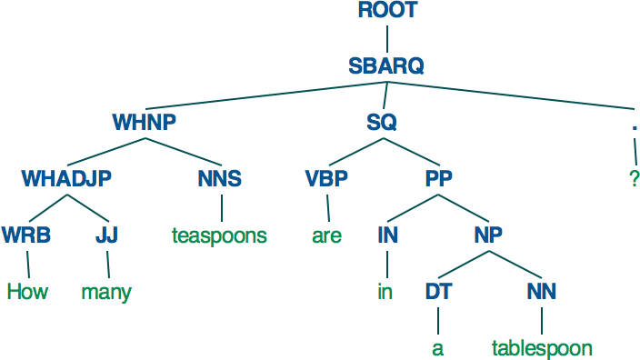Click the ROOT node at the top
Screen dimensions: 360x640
click(x=387, y=11)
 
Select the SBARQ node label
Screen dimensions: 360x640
click(x=386, y=65)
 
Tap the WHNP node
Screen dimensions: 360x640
click(x=144, y=122)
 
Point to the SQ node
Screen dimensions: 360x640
click(x=382, y=122)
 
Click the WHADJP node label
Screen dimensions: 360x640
click(x=67, y=178)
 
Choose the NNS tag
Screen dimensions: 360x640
click(x=219, y=178)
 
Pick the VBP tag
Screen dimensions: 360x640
click(x=326, y=178)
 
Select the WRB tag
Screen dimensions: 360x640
click(x=25, y=235)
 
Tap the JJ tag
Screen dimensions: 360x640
click(x=106, y=235)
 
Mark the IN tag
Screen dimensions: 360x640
click(x=386, y=235)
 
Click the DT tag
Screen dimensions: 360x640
click(x=437, y=292)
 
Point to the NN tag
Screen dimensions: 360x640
click(x=542, y=292)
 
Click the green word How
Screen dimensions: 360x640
click(x=27, y=292)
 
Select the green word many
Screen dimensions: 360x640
click(x=106, y=293)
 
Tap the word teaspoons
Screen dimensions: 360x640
click(x=219, y=235)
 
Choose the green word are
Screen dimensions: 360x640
click(x=326, y=236)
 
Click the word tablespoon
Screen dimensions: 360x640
click(x=542, y=348)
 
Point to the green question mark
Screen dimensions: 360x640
click(x=634, y=179)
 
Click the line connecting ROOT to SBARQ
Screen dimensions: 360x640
click(x=387, y=38)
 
